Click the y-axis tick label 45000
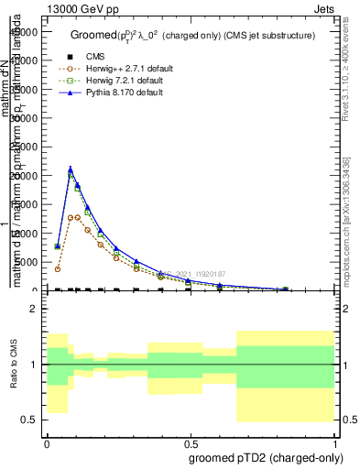(23, 31)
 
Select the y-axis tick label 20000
(23, 175)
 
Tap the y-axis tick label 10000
(23, 233)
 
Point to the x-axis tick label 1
(334, 442)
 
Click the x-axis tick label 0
(47, 442)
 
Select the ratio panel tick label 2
(34, 310)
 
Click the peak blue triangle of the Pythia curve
(71, 169)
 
